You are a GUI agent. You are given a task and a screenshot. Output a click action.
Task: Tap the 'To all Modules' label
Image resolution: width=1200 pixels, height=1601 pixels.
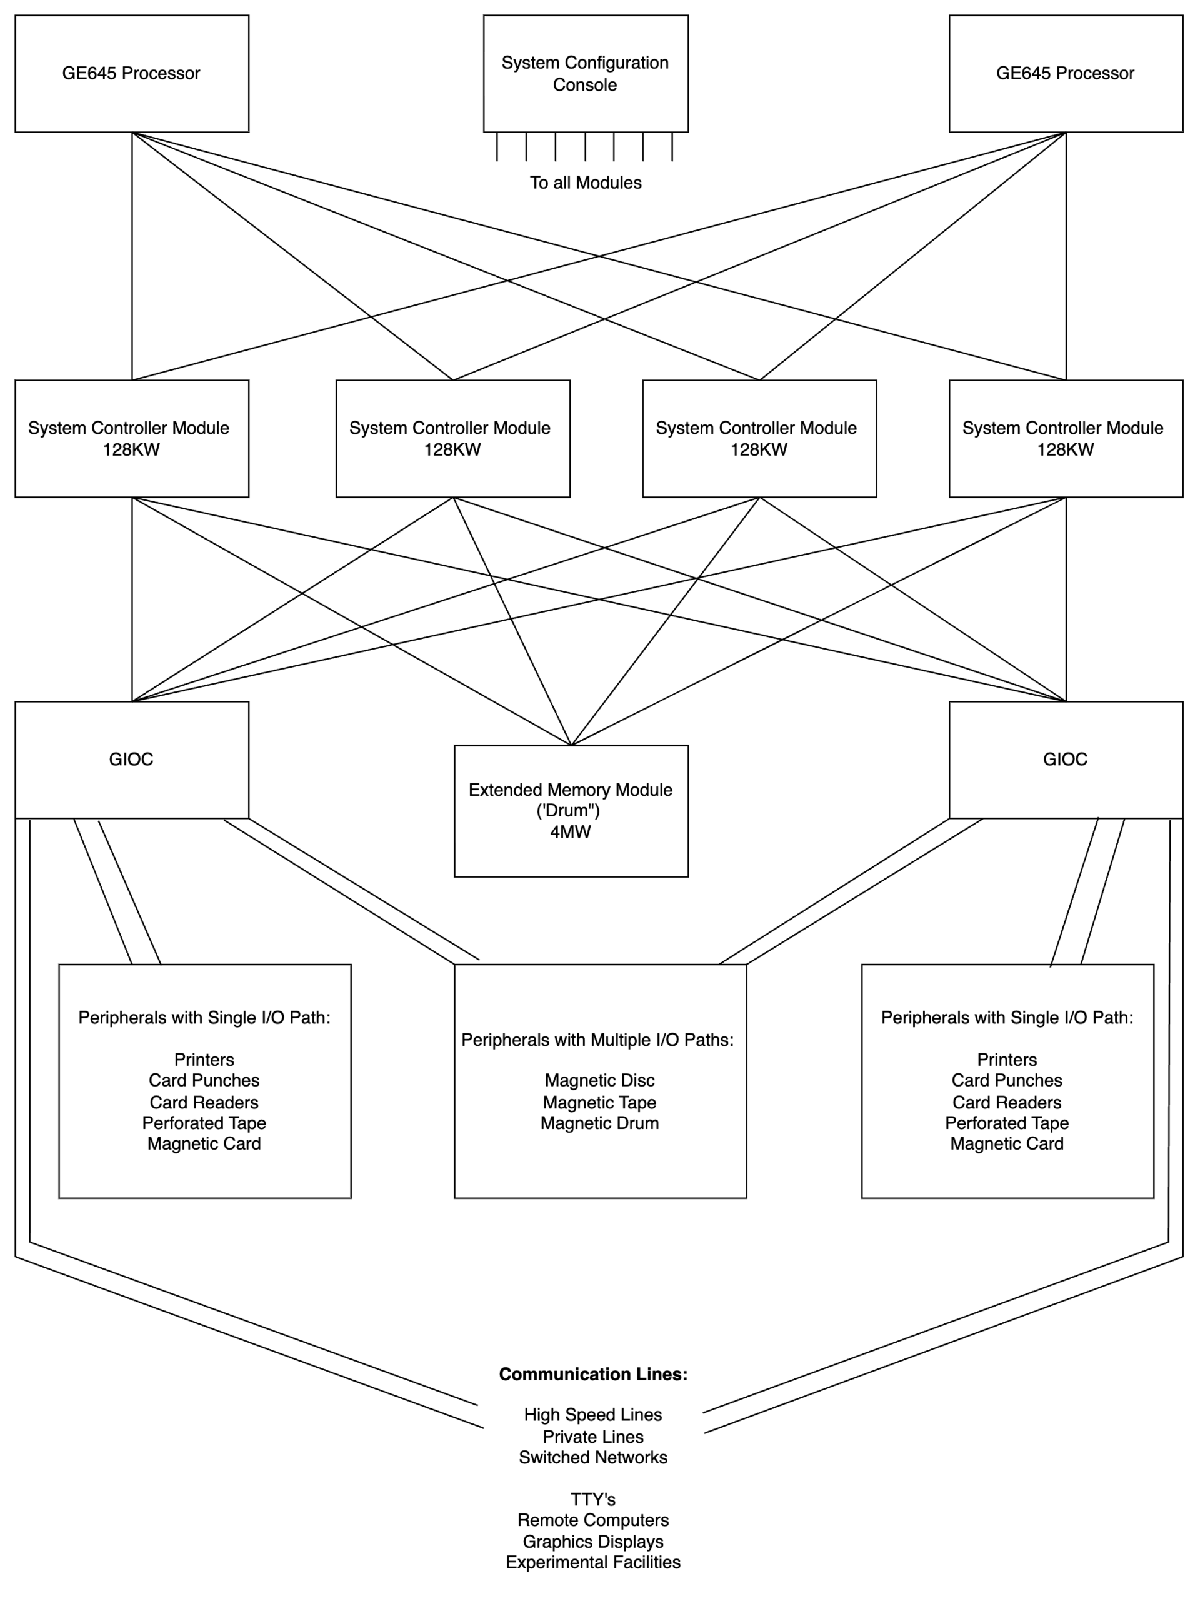(x=586, y=183)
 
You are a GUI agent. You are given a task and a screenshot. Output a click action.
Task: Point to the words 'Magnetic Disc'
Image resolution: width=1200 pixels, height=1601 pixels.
(x=600, y=1081)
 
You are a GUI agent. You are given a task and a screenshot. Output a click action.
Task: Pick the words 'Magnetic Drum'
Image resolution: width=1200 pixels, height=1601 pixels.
(x=600, y=1123)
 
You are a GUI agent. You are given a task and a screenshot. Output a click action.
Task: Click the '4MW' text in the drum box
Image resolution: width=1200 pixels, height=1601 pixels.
(x=571, y=831)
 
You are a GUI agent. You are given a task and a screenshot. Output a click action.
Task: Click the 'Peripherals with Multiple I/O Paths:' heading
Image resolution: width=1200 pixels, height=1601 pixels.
(x=598, y=1040)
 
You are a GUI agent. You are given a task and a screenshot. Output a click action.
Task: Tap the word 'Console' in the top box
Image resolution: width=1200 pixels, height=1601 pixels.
(x=586, y=84)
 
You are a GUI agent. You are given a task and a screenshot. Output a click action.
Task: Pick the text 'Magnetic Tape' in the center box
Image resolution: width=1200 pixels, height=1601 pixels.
(x=600, y=1102)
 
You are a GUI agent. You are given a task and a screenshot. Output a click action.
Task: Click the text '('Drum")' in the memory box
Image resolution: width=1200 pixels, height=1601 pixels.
(x=568, y=811)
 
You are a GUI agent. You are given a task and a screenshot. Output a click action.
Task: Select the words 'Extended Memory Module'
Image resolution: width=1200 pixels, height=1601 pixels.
(x=571, y=790)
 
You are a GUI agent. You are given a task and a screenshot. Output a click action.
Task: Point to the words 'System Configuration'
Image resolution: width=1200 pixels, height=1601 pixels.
(x=586, y=63)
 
